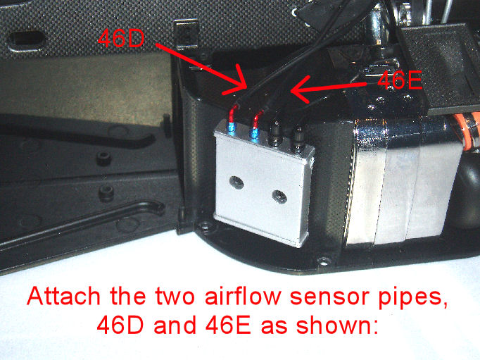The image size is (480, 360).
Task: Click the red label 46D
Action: pos(121,38)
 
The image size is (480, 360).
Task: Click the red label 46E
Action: pos(400,80)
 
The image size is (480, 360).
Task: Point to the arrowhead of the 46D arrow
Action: pos(245,87)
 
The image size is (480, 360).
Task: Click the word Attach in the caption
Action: pos(63,296)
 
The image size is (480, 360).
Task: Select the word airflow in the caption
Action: pos(243,296)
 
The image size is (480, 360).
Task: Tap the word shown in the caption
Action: pos(336,325)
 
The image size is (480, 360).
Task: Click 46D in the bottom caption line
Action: pos(120,325)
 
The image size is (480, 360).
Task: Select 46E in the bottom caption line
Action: pos(228,325)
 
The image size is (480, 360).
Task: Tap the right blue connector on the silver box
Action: pos(255,132)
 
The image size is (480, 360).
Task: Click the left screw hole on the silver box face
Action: pos(236,183)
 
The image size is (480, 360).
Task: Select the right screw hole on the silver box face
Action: pos(279,197)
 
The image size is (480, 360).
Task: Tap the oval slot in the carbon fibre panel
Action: pos(27,40)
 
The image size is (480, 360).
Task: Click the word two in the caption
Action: pos(175,297)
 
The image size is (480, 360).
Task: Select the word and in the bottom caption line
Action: pos(175,325)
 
